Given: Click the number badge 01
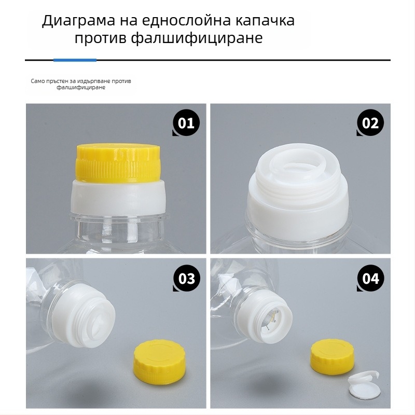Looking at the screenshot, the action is [x=186, y=122].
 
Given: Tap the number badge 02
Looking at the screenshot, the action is [x=370, y=122].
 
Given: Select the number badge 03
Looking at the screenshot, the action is [x=186, y=278].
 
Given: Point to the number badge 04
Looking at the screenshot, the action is [x=370, y=278].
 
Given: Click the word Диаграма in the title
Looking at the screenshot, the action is [x=79, y=21].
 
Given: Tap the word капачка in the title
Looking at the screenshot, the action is [x=265, y=20].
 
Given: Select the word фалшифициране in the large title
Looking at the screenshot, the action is [x=197, y=38].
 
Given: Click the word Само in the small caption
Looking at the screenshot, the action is [x=37, y=81].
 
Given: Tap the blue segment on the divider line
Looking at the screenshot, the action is [x=75, y=60].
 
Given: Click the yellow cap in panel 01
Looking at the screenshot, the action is [x=118, y=163].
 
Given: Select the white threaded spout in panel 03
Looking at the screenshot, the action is [x=87, y=314].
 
